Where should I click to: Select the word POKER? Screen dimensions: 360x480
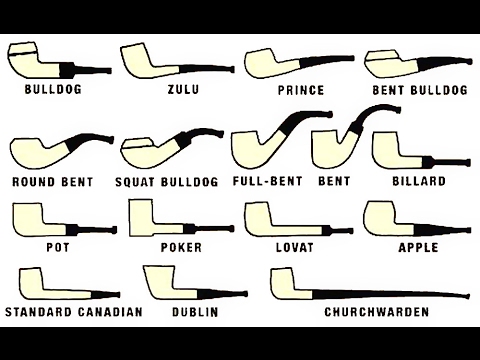click(x=181, y=246)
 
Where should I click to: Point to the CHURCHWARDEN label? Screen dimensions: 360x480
click(x=377, y=312)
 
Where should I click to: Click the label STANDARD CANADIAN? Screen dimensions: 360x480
click(x=73, y=312)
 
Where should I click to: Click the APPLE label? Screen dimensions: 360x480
click(x=418, y=246)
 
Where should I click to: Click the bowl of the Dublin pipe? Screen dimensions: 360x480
click(x=160, y=281)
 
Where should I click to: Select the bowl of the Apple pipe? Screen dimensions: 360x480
click(x=381, y=216)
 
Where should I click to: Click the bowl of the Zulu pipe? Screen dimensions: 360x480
click(x=135, y=59)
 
